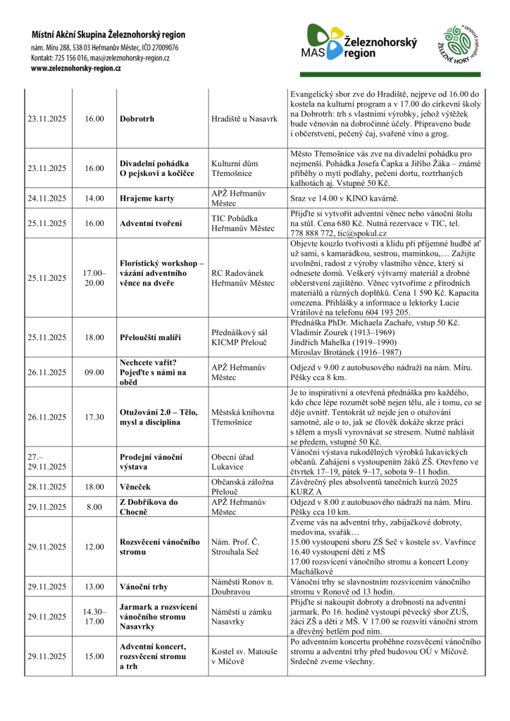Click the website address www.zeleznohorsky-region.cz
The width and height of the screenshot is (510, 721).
(76, 68)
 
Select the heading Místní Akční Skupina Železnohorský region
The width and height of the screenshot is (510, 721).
(108, 34)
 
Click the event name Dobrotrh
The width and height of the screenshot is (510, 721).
(137, 119)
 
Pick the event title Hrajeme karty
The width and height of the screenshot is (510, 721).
(146, 199)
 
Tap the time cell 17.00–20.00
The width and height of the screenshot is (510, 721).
(94, 277)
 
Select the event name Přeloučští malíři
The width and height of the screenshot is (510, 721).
(149, 337)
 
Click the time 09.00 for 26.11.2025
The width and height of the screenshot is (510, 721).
(94, 372)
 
